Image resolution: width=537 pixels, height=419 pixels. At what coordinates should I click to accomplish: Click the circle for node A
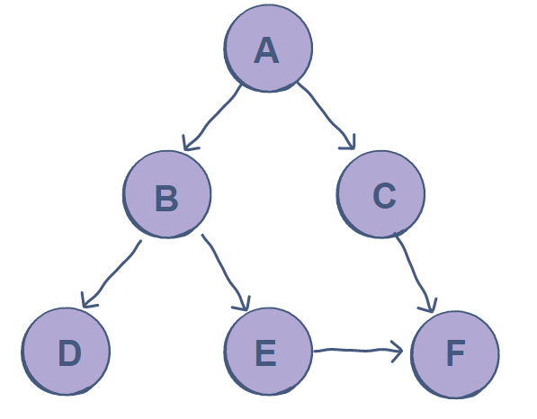tap(268, 49)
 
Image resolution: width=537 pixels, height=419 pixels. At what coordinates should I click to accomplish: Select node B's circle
tap(167, 194)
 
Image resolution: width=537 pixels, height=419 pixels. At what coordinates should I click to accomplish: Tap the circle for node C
tap(381, 192)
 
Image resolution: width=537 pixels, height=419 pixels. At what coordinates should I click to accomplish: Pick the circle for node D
tap(67, 352)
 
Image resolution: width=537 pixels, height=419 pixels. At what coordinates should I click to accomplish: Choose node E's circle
tap(267, 352)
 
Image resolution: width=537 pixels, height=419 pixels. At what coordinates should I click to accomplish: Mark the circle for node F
tap(454, 353)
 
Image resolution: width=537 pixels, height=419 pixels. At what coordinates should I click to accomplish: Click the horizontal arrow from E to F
tap(355, 350)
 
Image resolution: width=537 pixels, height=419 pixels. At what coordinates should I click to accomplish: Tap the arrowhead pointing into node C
tap(349, 142)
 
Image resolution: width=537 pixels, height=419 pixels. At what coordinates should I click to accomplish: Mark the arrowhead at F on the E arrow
tap(396, 351)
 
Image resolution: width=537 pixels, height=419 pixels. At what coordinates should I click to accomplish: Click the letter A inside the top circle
tap(267, 50)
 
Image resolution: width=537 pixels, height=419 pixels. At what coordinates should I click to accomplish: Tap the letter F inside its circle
tap(455, 354)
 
